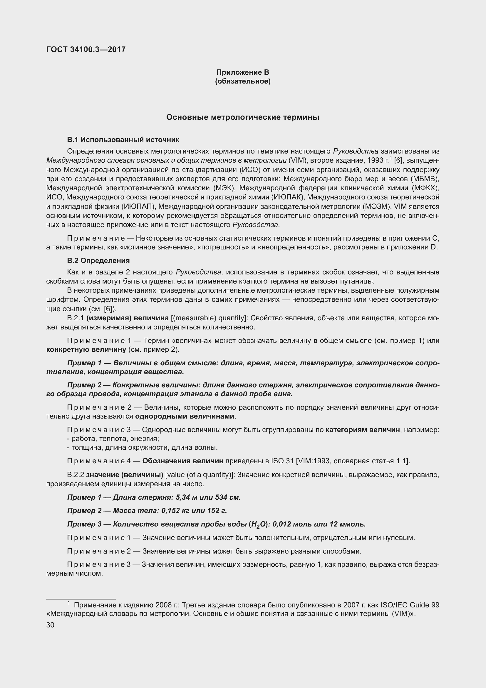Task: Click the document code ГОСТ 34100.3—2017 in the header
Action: tap(86, 49)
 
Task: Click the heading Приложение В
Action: tap(243, 72)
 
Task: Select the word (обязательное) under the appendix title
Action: tap(243, 81)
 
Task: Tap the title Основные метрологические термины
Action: tap(243, 117)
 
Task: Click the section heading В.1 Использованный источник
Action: tap(123, 140)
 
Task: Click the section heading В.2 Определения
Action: tap(98, 260)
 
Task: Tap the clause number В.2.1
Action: tap(76, 318)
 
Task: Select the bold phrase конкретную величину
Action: tap(86, 349)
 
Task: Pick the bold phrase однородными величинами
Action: tap(185, 416)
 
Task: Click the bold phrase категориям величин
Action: tap(363, 430)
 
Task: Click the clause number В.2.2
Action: tap(76, 475)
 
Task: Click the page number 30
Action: tap(50, 625)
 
